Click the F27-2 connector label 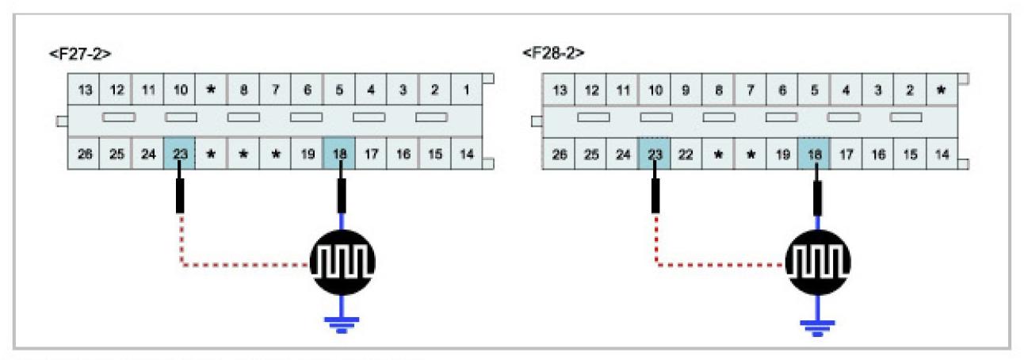point(79,55)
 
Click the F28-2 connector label point(553,55)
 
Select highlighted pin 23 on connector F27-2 point(180,154)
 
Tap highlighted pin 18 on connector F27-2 point(339,154)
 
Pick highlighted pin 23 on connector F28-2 point(654,154)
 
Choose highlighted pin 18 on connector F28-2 point(814,154)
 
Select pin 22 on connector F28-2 point(686,154)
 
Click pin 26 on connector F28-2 point(559,154)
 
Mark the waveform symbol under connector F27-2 point(341,260)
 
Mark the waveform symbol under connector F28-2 point(816,260)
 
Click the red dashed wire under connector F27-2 point(238,265)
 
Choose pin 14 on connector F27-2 point(466,154)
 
